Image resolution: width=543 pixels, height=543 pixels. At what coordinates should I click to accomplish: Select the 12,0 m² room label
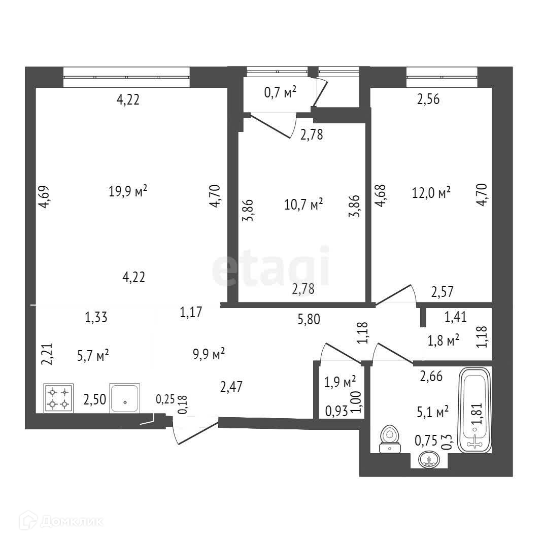click(431, 193)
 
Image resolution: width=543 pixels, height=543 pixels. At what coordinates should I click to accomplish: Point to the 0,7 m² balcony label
click(280, 92)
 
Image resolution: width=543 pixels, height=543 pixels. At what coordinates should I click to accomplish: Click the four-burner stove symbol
click(58, 398)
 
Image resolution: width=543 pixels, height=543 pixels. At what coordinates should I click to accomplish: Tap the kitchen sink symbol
click(125, 398)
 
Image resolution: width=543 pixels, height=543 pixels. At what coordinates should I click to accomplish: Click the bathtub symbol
click(474, 411)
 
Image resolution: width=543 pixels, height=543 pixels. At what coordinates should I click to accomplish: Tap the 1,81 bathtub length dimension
click(476, 417)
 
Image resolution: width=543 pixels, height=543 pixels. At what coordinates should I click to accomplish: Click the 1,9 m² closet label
click(340, 381)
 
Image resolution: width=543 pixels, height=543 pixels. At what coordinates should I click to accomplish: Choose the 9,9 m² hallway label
click(209, 354)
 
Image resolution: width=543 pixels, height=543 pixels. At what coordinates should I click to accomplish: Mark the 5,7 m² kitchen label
click(93, 355)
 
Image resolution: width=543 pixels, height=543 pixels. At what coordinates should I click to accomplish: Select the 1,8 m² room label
click(443, 340)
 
